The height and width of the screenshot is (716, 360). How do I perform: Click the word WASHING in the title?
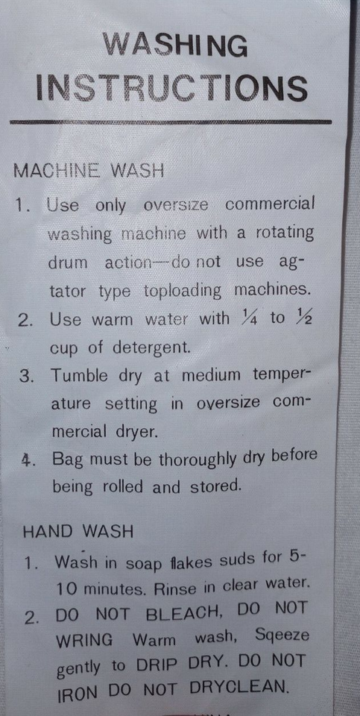(176, 45)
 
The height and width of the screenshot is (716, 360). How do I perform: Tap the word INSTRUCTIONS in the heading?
(172, 88)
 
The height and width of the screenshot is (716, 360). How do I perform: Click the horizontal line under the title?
(170, 122)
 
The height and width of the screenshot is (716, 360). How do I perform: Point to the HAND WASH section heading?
(78, 531)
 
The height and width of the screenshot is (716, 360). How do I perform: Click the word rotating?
(284, 233)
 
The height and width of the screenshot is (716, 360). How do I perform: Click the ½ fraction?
(303, 317)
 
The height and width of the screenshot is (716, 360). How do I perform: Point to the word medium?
(211, 375)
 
